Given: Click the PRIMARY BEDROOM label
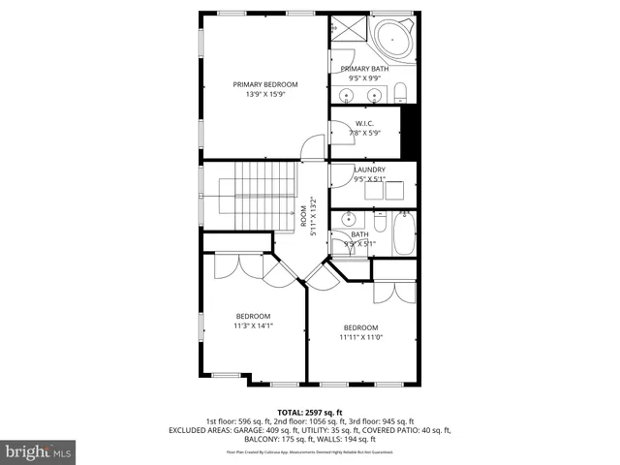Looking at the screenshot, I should coord(265,85).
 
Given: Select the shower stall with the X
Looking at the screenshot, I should coord(346,30).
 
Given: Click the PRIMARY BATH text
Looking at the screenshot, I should coord(364,69).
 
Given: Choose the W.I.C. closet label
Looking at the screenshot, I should coord(364,123).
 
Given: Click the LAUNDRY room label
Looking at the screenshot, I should coord(369,170).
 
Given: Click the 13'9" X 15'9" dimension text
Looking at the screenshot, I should coord(265,95).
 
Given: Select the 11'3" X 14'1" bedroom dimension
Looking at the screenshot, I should coord(254,325).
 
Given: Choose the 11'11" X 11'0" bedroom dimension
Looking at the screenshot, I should coord(360,337).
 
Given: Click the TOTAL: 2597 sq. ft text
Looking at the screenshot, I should coord(309,413).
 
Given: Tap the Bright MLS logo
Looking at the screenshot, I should coord(39,450).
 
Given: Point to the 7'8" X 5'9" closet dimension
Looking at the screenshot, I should coord(364,132).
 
